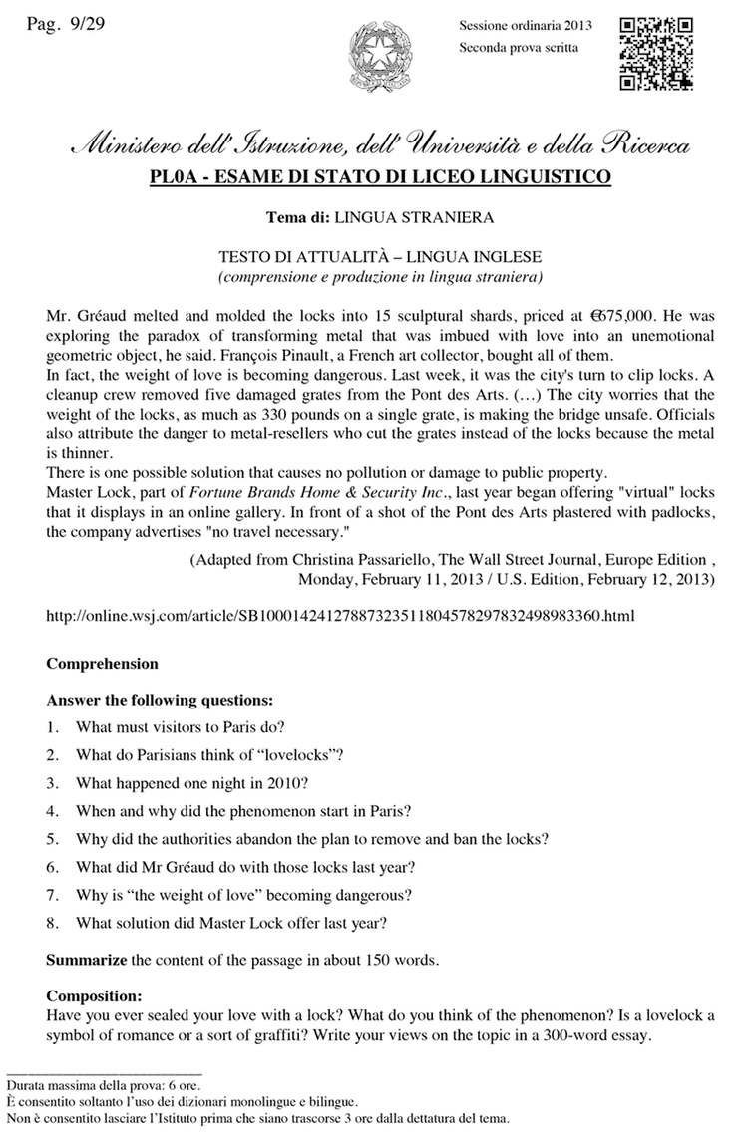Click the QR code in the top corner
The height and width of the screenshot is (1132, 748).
point(657,56)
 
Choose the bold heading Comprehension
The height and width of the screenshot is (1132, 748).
point(102,663)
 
